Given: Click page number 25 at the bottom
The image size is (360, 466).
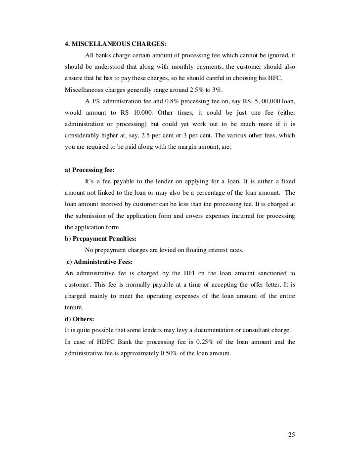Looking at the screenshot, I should click(x=291, y=435).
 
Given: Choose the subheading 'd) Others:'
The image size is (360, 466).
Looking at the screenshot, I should click(x=79, y=318).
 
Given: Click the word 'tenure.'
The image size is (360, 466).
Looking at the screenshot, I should click(x=75, y=307).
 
